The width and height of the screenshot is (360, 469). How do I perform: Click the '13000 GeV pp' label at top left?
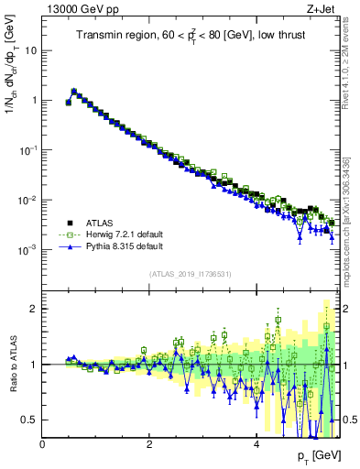click(75, 9)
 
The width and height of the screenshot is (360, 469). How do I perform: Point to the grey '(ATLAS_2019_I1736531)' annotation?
click(190, 273)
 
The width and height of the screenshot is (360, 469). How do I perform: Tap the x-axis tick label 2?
click(148, 444)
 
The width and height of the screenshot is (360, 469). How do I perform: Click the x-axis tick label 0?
click(42, 444)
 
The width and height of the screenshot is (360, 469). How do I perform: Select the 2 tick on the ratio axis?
click(34, 309)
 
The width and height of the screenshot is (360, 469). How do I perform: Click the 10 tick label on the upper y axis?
click(31, 50)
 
